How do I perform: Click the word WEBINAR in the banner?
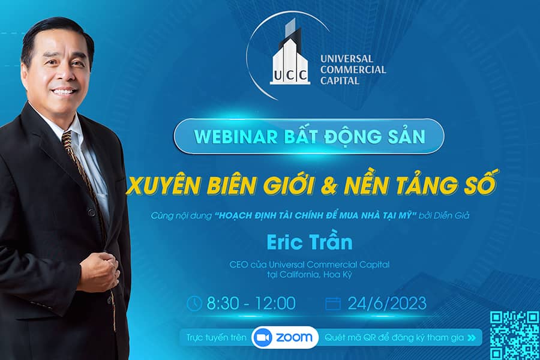[236, 136]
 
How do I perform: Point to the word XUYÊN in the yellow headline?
[163, 186]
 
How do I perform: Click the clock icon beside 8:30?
[194, 304]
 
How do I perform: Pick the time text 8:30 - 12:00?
[251, 304]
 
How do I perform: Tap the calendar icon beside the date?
[333, 304]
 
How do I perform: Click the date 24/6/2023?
[387, 304]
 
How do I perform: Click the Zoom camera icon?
[262, 338]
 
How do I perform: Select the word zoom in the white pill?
[294, 338]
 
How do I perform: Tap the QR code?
[515, 335]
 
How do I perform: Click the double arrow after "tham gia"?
[472, 338]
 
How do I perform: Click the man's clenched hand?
[99, 271]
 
